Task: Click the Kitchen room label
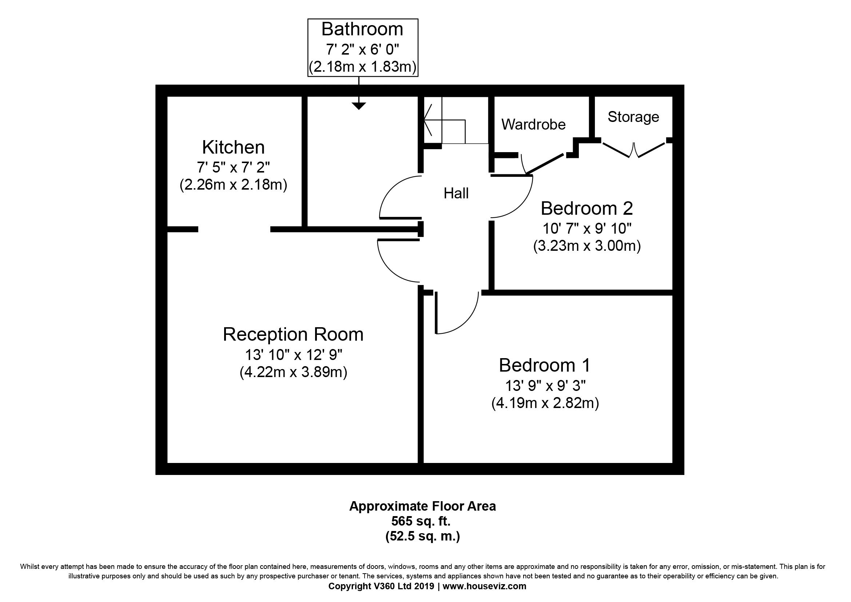pos(234,147)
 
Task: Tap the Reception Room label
pos(293,334)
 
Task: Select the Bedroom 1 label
pos(545,365)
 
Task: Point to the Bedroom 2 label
pos(587,208)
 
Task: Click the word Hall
pos(456,194)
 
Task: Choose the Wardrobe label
pos(534,124)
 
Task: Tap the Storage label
pos(633,117)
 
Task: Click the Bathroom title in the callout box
pos(362,29)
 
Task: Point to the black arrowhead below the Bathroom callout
pos(358,106)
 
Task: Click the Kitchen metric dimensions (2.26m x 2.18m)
pos(234,185)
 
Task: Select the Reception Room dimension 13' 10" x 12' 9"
pos(293,355)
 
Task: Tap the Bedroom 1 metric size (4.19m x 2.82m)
pos(545,403)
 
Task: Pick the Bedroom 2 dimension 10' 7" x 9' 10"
pos(587,229)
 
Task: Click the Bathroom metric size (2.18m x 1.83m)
pos(362,67)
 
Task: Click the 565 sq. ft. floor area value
pos(421,521)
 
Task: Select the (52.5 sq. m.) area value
pos(422,536)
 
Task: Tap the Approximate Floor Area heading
pos(422,506)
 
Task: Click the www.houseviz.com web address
pos(484,586)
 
